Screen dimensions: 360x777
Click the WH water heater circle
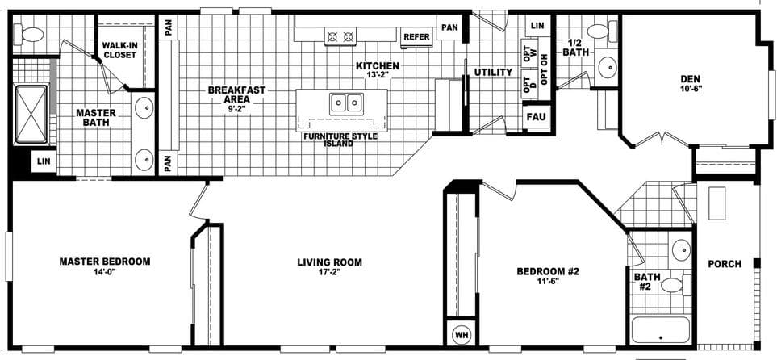(462, 333)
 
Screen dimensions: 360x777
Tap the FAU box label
(536, 116)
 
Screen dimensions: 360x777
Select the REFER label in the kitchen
(416, 36)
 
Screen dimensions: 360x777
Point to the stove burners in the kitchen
(340, 36)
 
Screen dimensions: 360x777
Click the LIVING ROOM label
(329, 262)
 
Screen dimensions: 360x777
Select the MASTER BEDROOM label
(105, 262)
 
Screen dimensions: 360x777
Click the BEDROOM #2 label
(548, 271)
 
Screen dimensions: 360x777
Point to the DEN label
(690, 78)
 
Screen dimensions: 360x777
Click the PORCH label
(725, 264)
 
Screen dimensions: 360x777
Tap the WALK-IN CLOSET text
(119, 50)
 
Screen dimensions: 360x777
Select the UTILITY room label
(493, 72)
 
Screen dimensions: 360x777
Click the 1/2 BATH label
(576, 48)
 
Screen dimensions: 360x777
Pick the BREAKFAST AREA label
(236, 96)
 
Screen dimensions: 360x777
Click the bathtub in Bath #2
(660, 330)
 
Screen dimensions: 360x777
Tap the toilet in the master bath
(32, 34)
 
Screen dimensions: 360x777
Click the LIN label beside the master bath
(42, 162)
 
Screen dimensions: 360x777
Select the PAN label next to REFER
(449, 27)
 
